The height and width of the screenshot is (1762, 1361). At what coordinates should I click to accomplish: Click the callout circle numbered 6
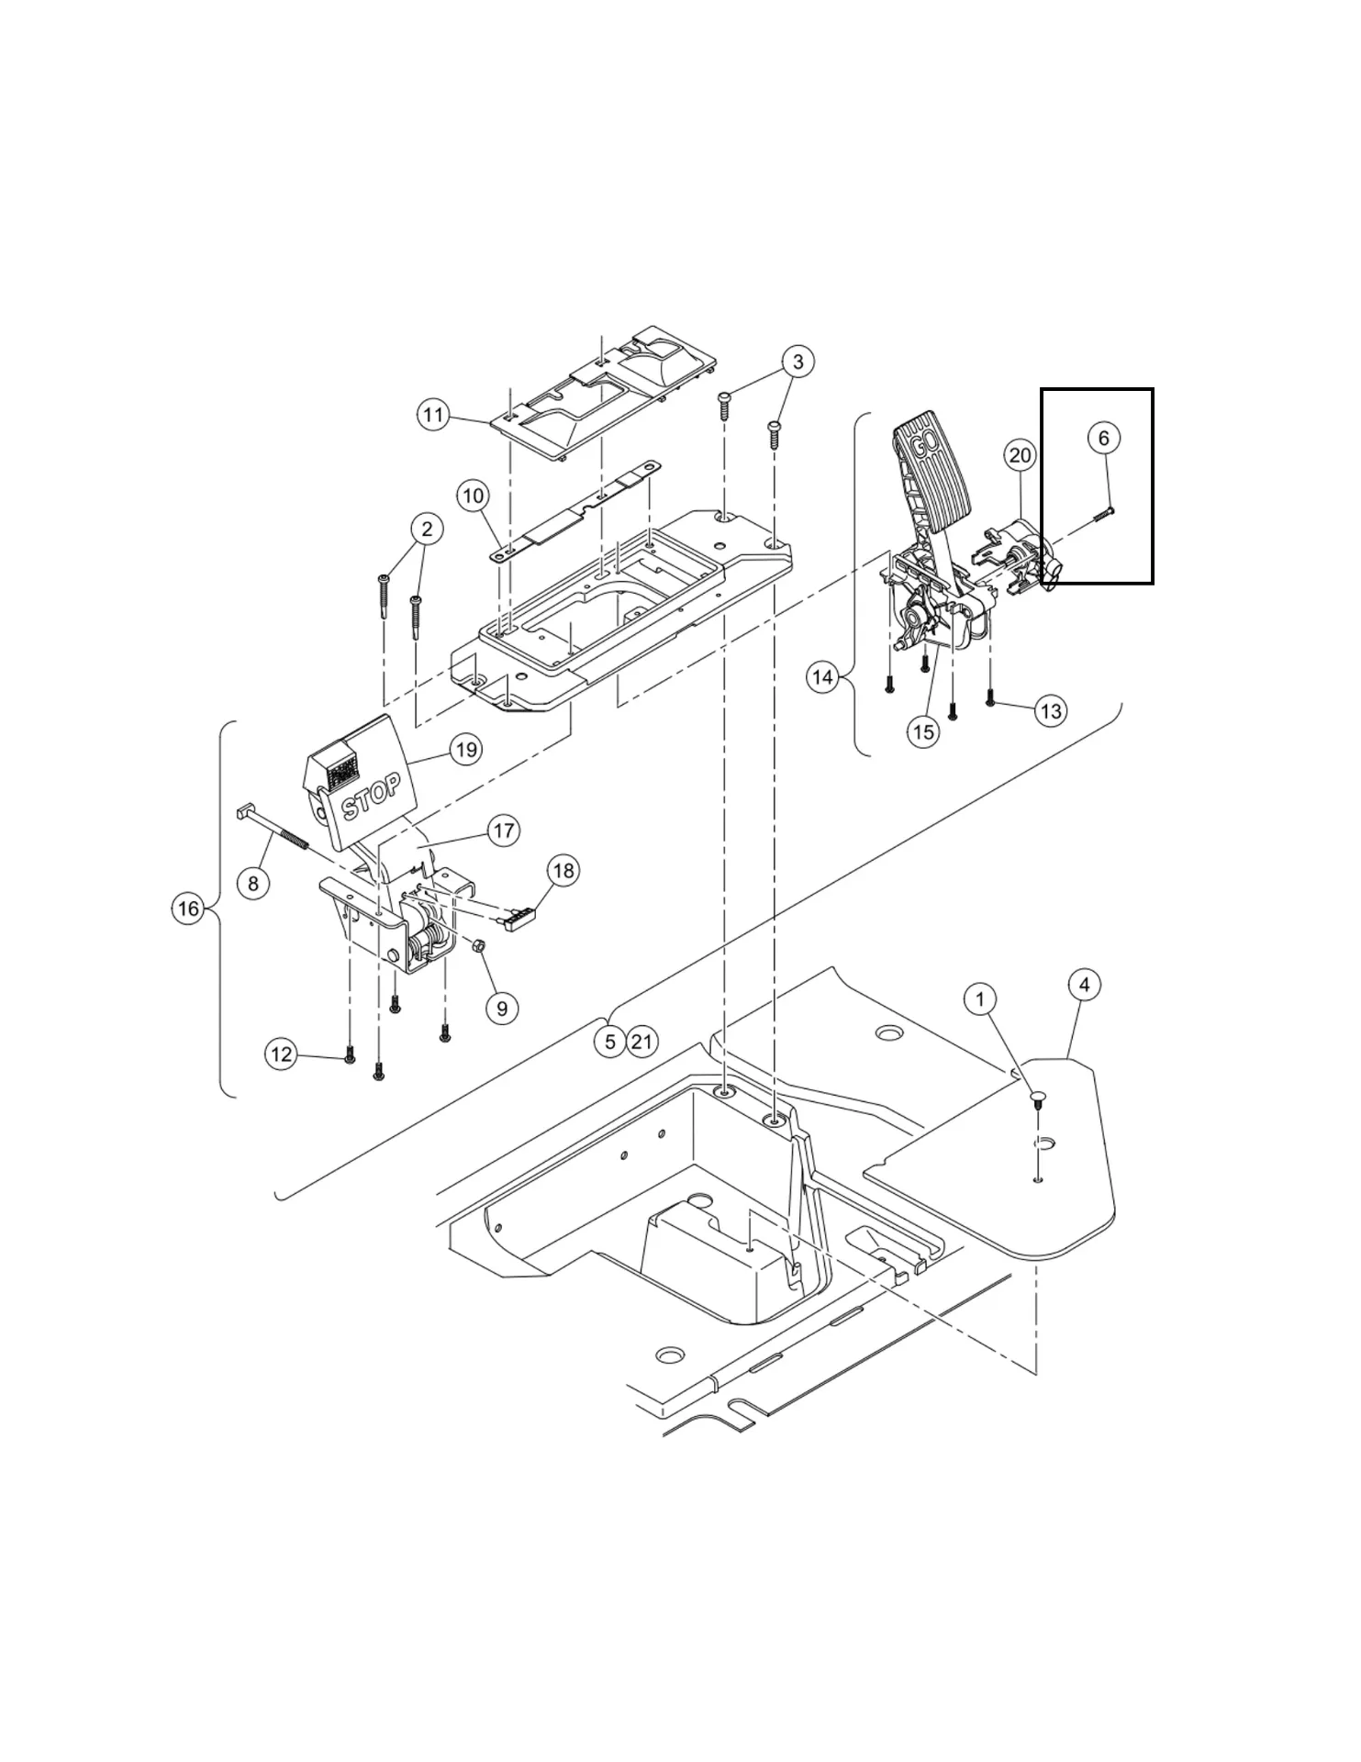1103,438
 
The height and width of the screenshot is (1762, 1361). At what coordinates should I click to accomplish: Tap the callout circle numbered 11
434,415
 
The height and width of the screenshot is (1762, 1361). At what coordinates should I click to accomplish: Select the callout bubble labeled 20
1021,454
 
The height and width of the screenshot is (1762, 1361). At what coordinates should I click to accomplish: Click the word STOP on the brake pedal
371,797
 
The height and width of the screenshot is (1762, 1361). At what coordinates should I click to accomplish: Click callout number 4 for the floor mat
1085,985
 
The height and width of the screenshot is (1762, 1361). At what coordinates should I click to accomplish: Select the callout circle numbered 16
188,909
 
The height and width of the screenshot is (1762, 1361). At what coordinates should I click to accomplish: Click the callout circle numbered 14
823,677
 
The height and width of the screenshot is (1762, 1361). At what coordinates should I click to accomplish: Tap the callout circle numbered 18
563,870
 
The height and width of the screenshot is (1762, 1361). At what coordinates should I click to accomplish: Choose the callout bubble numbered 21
641,1042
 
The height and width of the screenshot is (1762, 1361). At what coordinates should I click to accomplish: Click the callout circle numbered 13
1051,710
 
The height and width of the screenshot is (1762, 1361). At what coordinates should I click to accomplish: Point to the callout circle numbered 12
281,1054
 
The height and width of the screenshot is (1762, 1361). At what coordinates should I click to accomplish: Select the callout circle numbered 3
798,362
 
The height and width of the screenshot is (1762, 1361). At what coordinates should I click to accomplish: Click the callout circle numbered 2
426,529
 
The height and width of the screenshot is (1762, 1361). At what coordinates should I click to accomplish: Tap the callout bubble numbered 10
473,496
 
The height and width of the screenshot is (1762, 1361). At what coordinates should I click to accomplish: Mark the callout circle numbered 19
466,750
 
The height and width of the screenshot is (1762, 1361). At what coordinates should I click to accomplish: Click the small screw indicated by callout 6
1102,516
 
